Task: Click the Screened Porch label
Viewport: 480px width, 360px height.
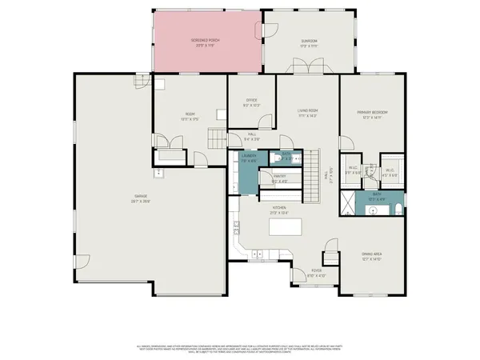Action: pos(206,42)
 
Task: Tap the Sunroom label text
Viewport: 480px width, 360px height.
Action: pos(309,43)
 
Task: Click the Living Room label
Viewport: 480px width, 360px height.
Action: pos(308,113)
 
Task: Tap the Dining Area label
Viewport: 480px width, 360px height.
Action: pos(370,257)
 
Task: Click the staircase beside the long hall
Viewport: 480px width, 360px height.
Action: pos(310,174)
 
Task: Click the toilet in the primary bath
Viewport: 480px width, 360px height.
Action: pos(398,210)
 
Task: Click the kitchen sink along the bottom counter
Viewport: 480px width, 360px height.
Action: pos(257,258)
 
